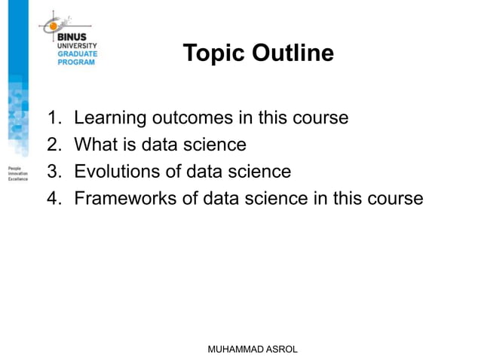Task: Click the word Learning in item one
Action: (110, 119)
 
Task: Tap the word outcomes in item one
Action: (204, 118)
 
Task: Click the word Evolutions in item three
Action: (118, 172)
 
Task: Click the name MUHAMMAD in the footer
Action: (229, 349)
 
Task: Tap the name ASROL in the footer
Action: (280, 349)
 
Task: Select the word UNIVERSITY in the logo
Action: (78, 46)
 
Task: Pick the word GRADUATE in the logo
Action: (77, 54)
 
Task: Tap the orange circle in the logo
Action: (54, 26)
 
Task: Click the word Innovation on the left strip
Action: (17, 174)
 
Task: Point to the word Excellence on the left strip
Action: (17, 180)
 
